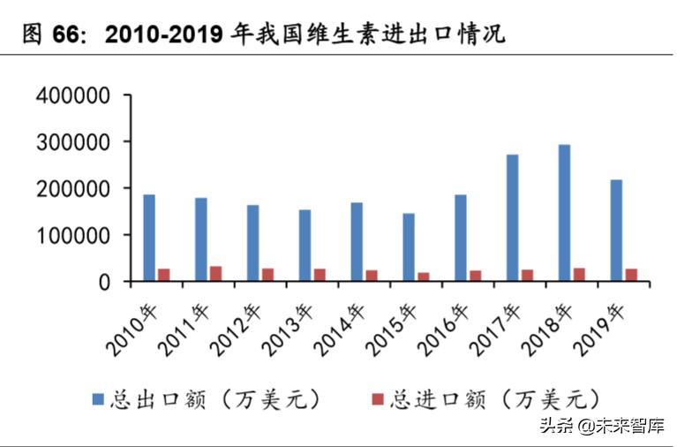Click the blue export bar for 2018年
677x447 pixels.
(564, 213)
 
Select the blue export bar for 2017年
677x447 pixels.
(512, 218)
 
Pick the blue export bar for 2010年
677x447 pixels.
(149, 238)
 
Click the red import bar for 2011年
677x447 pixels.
(216, 274)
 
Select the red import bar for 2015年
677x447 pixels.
(424, 277)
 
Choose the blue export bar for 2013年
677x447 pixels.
(305, 246)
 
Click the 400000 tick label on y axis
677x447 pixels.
(72, 95)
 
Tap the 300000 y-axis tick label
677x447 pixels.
(72, 142)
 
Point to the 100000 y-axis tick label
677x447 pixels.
(72, 236)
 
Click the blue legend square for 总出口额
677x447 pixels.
(98, 399)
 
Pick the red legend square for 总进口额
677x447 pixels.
(378, 399)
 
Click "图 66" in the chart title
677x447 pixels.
(45, 35)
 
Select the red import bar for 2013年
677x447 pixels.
(320, 275)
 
